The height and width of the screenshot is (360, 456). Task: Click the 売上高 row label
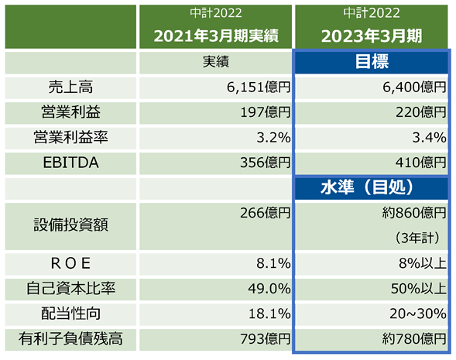(x=70, y=87)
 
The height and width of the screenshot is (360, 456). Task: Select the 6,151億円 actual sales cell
(x=259, y=87)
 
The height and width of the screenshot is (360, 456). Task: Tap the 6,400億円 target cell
(x=414, y=87)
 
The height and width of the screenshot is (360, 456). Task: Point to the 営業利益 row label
(x=70, y=112)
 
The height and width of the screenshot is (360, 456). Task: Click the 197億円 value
(x=266, y=112)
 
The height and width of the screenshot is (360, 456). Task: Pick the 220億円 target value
(x=421, y=112)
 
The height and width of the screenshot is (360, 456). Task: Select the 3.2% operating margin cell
(x=273, y=138)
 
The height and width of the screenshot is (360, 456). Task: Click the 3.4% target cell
(x=429, y=138)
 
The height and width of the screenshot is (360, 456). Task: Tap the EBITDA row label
(x=70, y=163)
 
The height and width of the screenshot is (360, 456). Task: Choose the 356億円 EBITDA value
(x=266, y=163)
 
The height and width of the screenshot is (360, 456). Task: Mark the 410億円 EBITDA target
(x=421, y=163)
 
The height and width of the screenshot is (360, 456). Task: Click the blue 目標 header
(x=372, y=62)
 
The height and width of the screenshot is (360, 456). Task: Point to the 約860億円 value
(x=414, y=213)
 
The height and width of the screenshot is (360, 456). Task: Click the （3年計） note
(x=417, y=238)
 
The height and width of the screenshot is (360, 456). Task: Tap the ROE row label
(x=70, y=263)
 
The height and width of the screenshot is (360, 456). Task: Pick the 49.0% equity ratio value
(x=269, y=289)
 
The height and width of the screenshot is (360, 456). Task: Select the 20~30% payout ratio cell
(x=418, y=314)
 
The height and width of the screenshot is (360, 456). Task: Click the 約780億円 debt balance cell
(x=414, y=339)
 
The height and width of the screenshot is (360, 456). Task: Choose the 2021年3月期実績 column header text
(x=216, y=36)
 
